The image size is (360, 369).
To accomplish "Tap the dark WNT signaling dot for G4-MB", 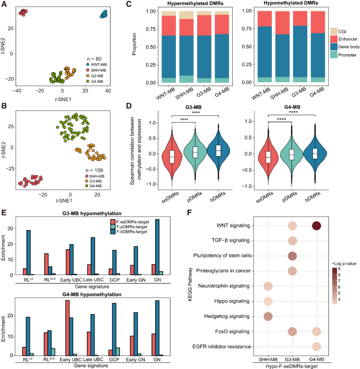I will (x=315, y=226).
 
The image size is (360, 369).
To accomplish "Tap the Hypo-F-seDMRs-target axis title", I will (x=292, y=366).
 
